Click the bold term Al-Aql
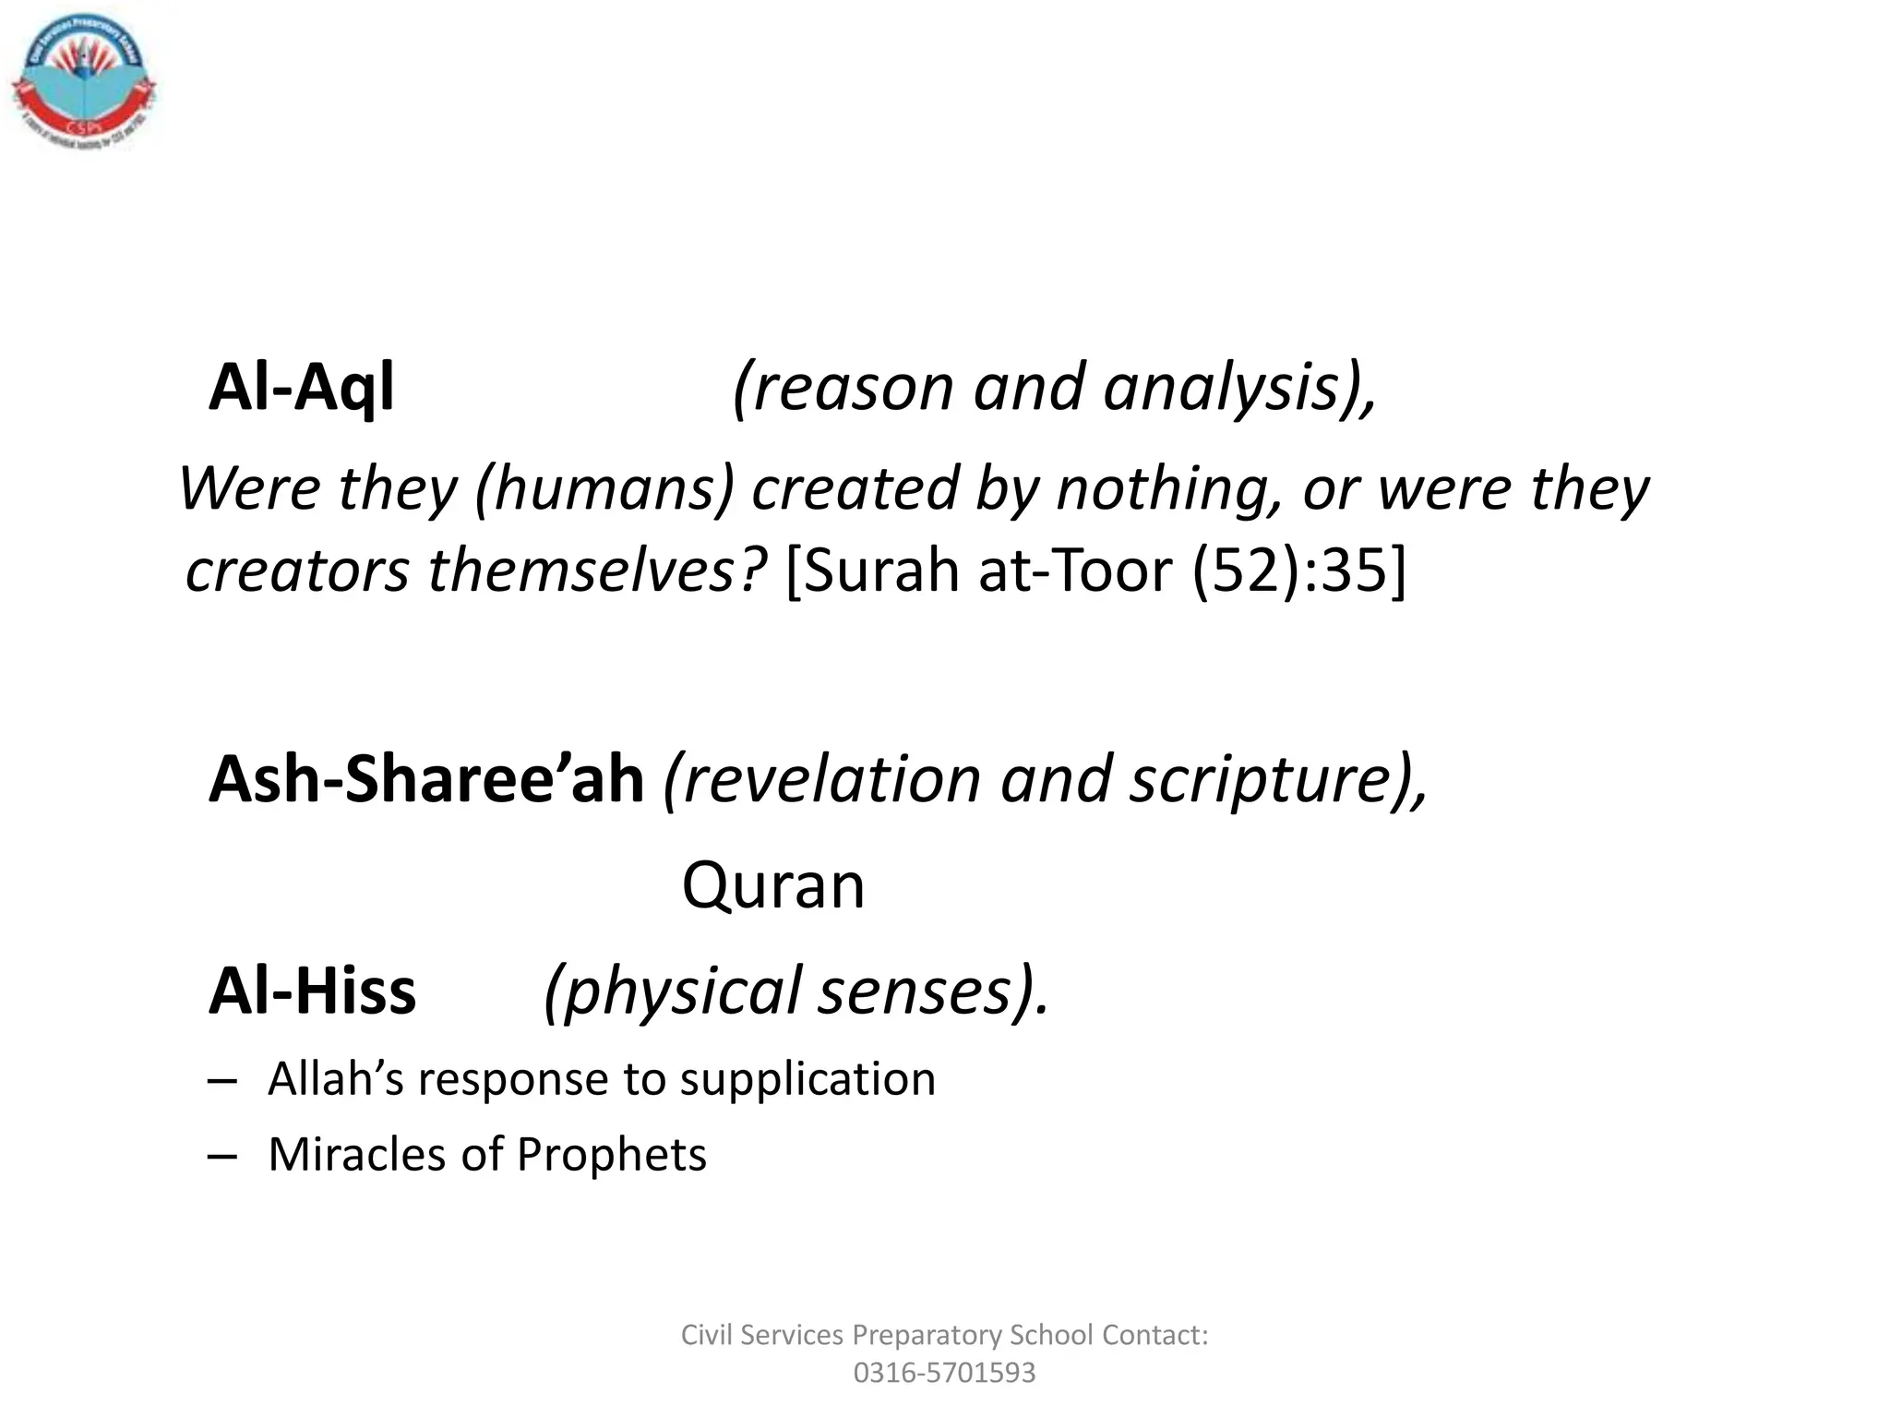coord(301,388)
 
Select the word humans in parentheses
coord(604,488)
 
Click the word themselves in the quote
coord(595,571)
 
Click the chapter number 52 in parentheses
coord(1246,571)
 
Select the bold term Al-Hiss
coord(313,991)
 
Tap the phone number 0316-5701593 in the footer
coord(944,1373)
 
